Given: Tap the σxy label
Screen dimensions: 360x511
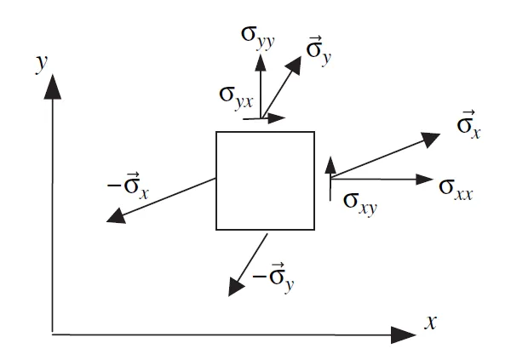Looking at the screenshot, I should click(x=361, y=201).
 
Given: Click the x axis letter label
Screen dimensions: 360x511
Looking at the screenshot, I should click(x=431, y=321).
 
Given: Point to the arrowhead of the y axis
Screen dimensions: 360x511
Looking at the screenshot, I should click(x=53, y=86).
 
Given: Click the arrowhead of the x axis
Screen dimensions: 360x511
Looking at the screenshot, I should click(x=400, y=333).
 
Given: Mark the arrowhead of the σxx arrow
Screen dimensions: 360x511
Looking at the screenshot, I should click(x=425, y=179).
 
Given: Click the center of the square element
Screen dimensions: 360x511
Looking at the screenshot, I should click(x=265, y=180).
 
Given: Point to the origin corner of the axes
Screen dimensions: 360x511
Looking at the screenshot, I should click(x=53, y=333).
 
